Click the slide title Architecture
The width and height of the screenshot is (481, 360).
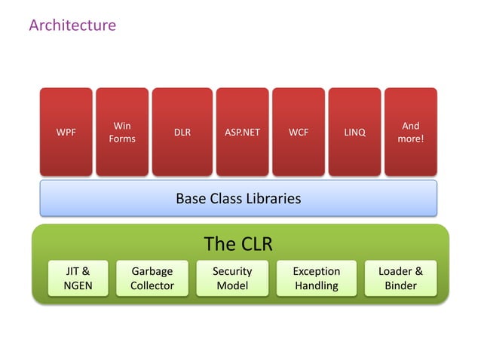coord(72,26)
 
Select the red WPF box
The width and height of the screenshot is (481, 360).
coord(66,133)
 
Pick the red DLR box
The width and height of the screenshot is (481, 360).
coord(182,133)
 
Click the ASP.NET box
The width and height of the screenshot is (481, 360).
coord(242,133)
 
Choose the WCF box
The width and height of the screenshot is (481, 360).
coord(298,133)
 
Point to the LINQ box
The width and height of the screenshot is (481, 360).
coord(354,133)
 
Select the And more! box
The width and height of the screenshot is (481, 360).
coord(411,133)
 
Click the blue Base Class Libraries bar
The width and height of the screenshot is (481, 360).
coord(238,199)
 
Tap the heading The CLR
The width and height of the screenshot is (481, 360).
coord(238,244)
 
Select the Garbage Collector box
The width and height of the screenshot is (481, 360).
coord(152,278)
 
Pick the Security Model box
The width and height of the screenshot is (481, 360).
coord(232,278)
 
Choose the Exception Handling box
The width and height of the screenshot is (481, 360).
coord(317,278)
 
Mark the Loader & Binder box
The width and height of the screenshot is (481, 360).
coord(401,278)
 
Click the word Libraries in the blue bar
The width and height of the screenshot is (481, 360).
coord(274,199)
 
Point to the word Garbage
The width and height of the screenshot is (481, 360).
coord(152,271)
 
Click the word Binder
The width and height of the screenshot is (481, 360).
coord(401,285)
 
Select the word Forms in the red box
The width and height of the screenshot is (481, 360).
coord(122,139)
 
